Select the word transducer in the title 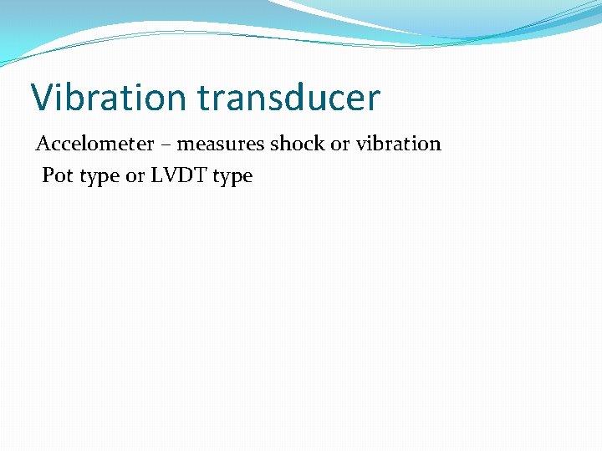289,98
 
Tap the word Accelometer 94,144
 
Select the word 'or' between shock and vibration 339,144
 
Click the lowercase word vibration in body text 397,144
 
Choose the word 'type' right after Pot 99,177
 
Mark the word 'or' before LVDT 135,176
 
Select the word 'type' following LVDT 232,177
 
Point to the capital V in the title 43,98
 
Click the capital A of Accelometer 43,144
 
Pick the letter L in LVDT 156,175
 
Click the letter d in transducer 299,98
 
